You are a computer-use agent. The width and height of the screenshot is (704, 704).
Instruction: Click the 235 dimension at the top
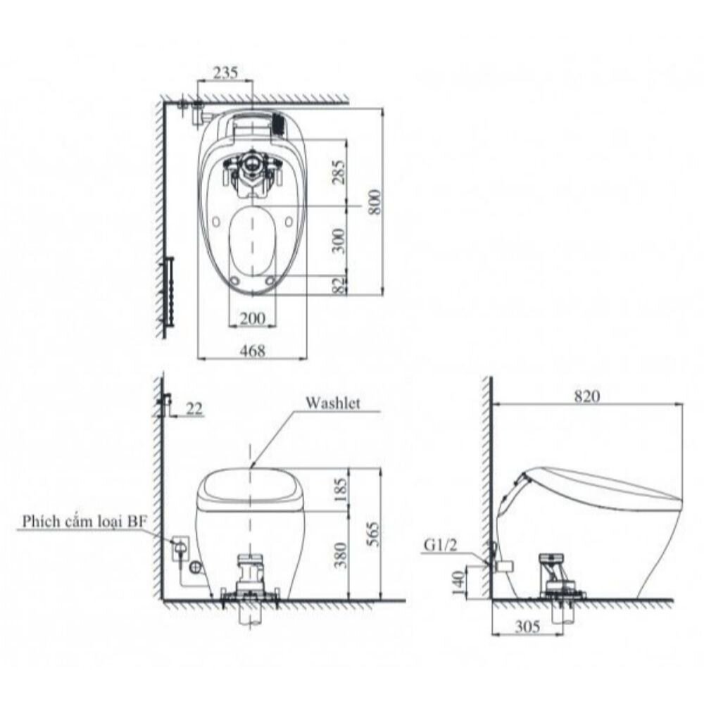(225, 73)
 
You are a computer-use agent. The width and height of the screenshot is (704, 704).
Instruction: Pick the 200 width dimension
(252, 318)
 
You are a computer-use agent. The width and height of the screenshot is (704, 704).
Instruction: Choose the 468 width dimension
(252, 351)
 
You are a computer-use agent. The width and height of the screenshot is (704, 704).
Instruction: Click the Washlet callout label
(333, 403)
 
